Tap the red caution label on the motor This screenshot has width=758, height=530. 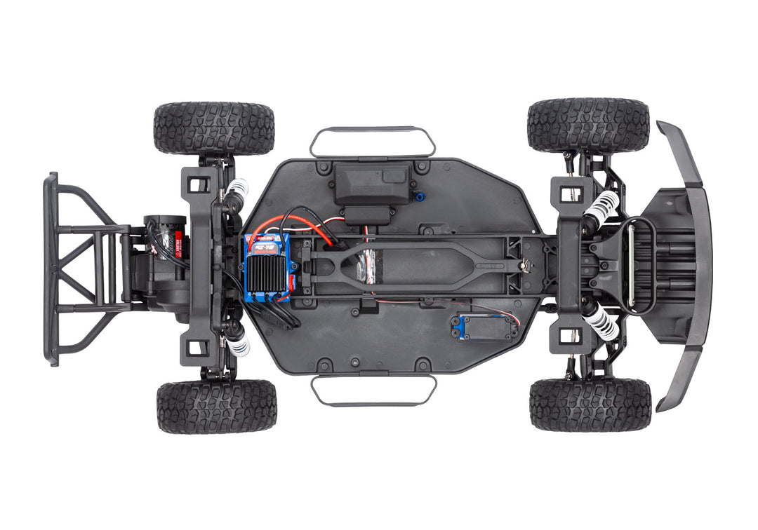(x=178, y=245)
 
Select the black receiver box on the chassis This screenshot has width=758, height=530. (x=372, y=184)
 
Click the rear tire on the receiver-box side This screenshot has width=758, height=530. (x=213, y=128)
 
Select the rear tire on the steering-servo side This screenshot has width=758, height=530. (x=216, y=407)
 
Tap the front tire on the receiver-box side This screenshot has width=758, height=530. (x=588, y=125)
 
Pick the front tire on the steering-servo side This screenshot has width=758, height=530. (x=590, y=405)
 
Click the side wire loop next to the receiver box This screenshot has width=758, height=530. (x=372, y=130)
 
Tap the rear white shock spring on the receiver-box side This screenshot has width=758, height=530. (x=238, y=187)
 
